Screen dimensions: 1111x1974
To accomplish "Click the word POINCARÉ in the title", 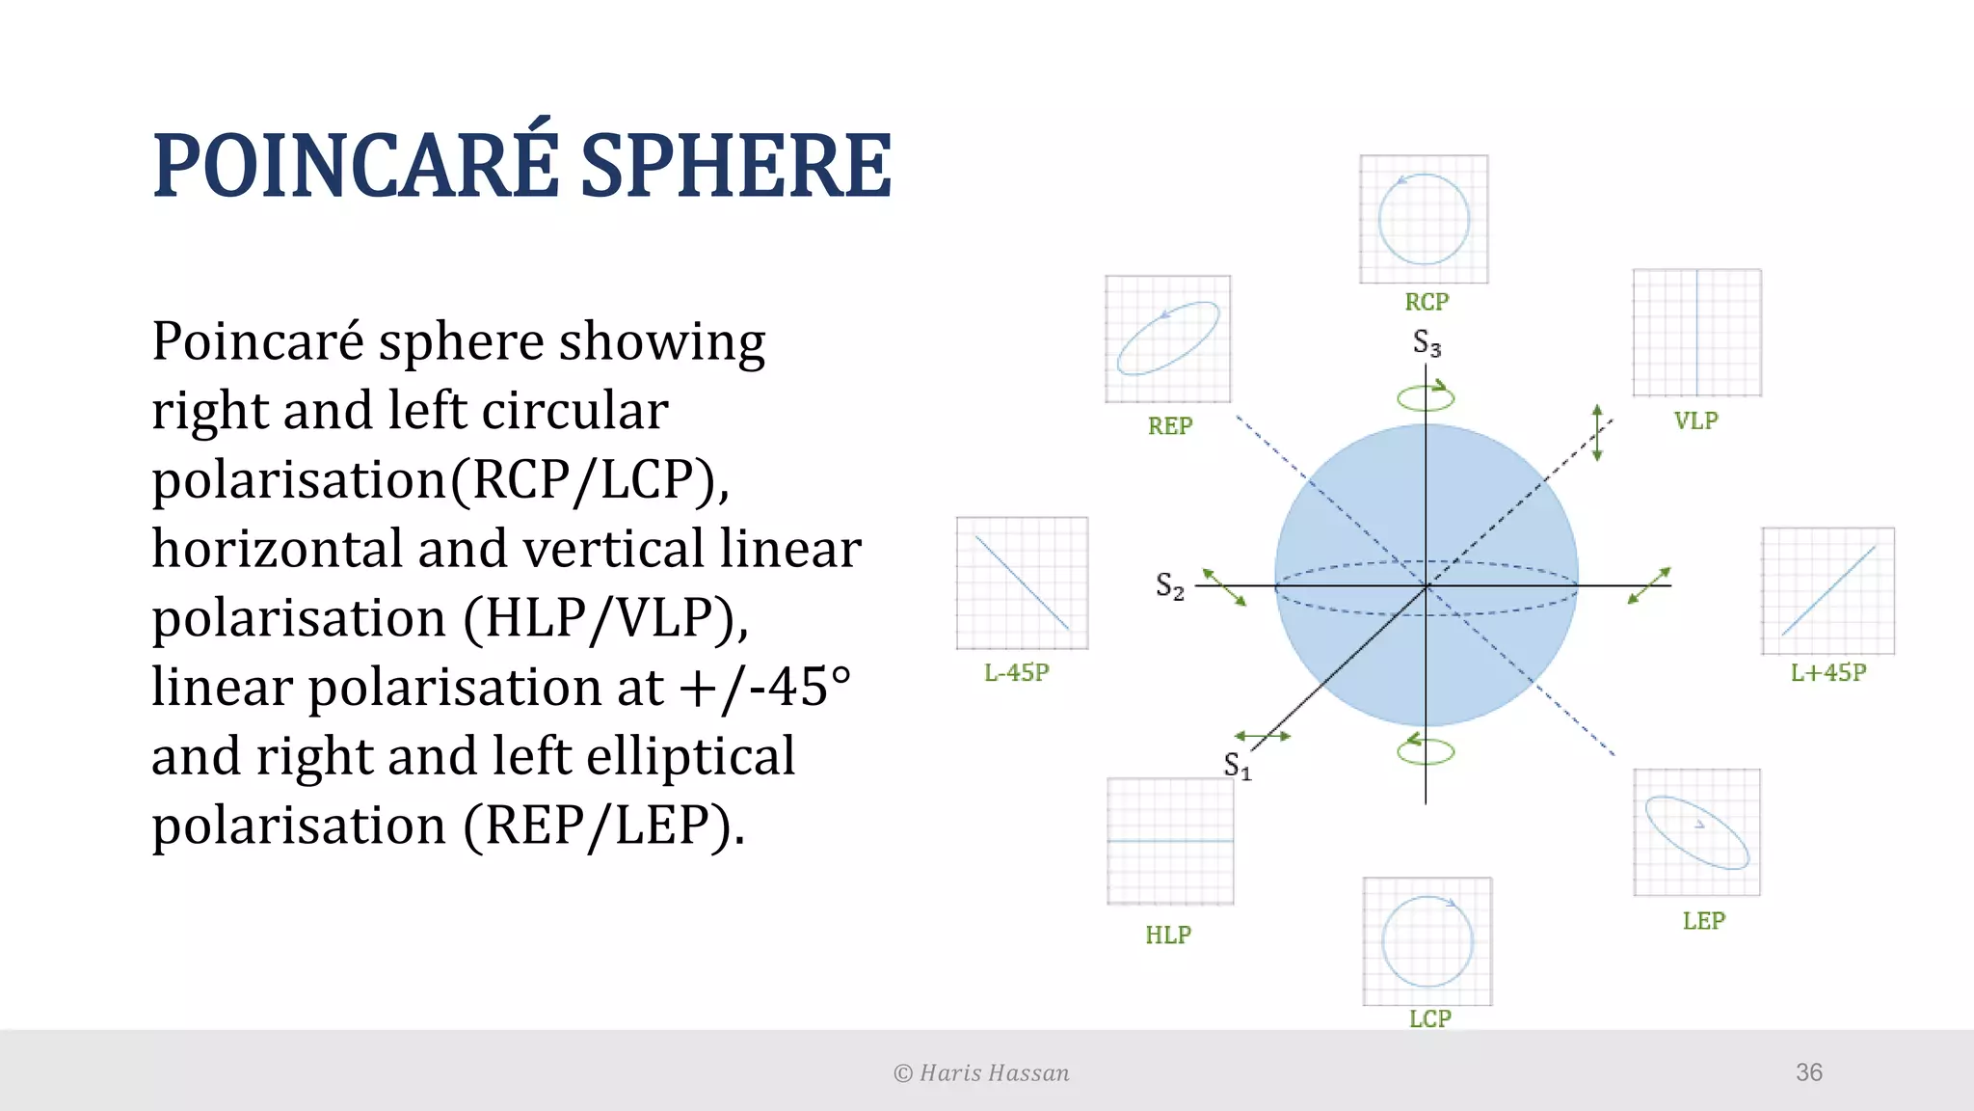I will (x=356, y=166).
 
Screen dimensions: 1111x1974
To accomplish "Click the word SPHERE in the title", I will (x=736, y=166).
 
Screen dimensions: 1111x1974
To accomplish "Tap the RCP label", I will (x=1427, y=302).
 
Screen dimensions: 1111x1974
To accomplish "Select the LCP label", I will (x=1429, y=1018).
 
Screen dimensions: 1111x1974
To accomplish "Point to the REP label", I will (x=1170, y=425).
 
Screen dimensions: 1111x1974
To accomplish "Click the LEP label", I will (x=1703, y=920).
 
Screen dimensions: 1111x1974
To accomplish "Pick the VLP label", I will (x=1695, y=420).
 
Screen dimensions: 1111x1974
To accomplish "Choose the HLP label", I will (x=1168, y=935).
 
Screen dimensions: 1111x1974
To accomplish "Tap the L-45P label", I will (x=1016, y=672).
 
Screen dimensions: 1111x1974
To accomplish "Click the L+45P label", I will (x=1828, y=672).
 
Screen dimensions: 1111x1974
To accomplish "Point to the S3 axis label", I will (x=1427, y=342).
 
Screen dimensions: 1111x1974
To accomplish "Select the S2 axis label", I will (x=1170, y=585).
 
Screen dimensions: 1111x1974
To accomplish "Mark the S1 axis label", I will (x=1237, y=766).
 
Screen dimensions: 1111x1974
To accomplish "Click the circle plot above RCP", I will (x=1424, y=219).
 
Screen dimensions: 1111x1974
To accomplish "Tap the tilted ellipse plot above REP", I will (x=1167, y=339).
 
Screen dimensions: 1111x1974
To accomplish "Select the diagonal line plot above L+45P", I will (x=1827, y=590).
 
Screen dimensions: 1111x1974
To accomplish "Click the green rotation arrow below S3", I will (x=1426, y=396).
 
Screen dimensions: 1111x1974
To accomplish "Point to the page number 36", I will (x=1808, y=1072).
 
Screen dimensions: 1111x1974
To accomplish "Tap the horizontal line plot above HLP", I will (x=1170, y=841).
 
